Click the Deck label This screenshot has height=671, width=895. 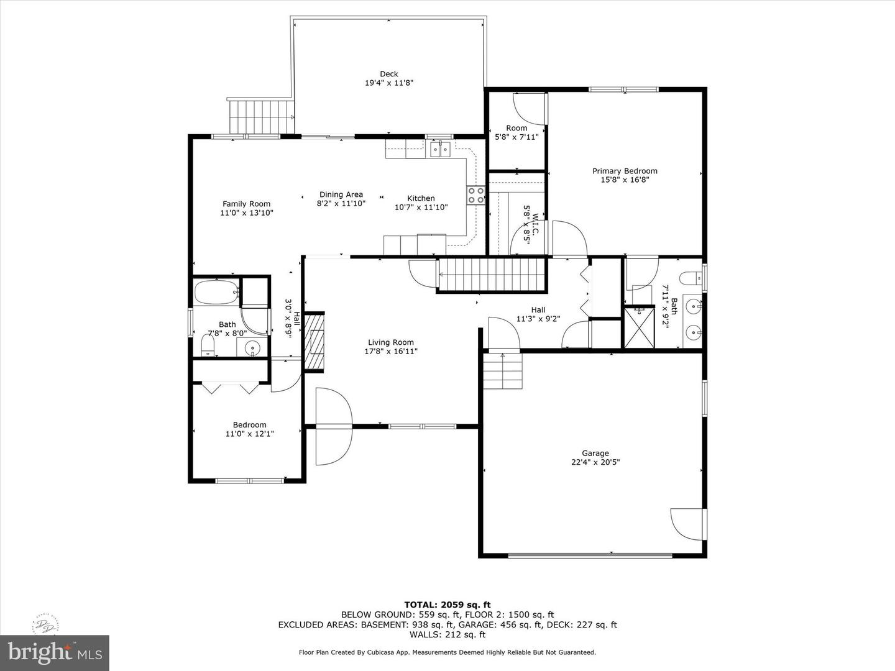pyautogui.click(x=388, y=74)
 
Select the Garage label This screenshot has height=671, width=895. pyautogui.click(x=595, y=453)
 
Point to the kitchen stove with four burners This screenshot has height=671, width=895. pyautogui.click(x=476, y=195)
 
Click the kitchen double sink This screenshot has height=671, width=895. pyautogui.click(x=441, y=148)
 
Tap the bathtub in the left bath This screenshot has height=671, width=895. pyautogui.click(x=216, y=292)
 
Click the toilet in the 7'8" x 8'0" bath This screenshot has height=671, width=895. pyautogui.click(x=208, y=344)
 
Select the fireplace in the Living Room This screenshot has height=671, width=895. pyautogui.click(x=315, y=342)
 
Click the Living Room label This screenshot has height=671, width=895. pyautogui.click(x=390, y=342)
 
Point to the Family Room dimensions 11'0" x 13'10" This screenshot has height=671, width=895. pyautogui.click(x=247, y=212)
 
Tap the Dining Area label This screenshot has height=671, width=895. pyautogui.click(x=341, y=194)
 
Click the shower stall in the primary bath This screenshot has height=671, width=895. pyautogui.click(x=640, y=327)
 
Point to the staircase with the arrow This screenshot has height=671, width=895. pyautogui.click(x=491, y=274)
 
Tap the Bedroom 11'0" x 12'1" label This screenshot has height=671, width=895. pyautogui.click(x=249, y=425)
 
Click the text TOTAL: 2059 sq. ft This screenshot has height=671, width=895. pyautogui.click(x=447, y=605)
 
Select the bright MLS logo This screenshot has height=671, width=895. pyautogui.click(x=54, y=652)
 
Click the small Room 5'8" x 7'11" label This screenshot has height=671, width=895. pyautogui.click(x=516, y=128)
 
